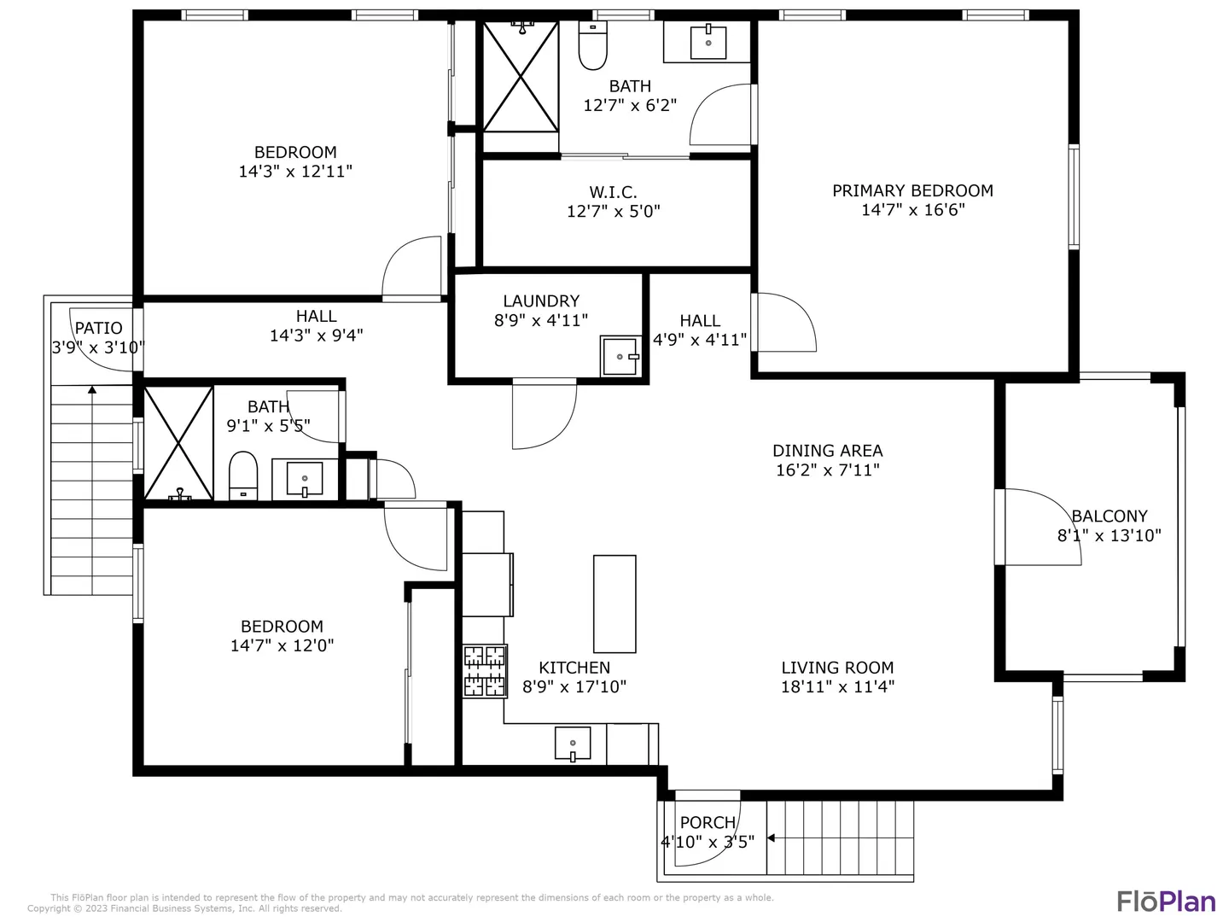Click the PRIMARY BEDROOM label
pyautogui.click(x=912, y=191)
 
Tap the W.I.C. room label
pyautogui.click(x=613, y=193)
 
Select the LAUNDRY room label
pyautogui.click(x=541, y=301)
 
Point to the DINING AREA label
pyautogui.click(x=827, y=451)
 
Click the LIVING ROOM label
pyautogui.click(x=837, y=668)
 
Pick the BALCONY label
pyautogui.click(x=1109, y=516)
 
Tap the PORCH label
pyautogui.click(x=708, y=823)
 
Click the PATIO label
pyautogui.click(x=98, y=328)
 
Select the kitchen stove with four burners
pyautogui.click(x=484, y=671)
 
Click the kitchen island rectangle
pyautogui.click(x=614, y=604)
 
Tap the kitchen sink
pyautogui.click(x=572, y=744)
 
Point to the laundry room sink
pyautogui.click(x=620, y=356)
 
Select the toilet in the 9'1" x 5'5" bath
pyautogui.click(x=243, y=476)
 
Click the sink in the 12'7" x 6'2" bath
pyautogui.click(x=708, y=42)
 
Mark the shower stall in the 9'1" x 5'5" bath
pyautogui.click(x=178, y=443)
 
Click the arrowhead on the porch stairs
pyautogui.click(x=771, y=838)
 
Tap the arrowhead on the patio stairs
pyautogui.click(x=92, y=389)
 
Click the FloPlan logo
pyautogui.click(x=1166, y=902)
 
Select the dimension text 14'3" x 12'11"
pyautogui.click(x=295, y=172)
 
